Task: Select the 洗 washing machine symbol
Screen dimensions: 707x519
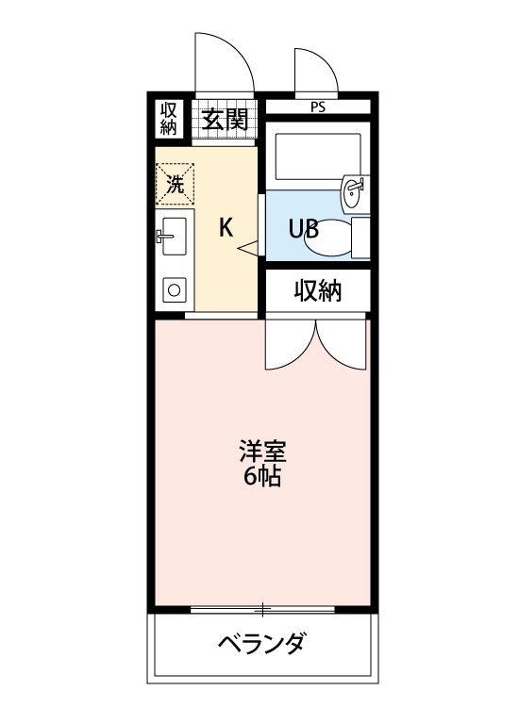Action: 175,184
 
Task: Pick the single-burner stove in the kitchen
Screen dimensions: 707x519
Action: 174,290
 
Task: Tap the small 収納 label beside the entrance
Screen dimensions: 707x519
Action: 169,118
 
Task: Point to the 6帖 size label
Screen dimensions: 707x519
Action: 261,476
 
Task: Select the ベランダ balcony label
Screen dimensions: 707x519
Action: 261,645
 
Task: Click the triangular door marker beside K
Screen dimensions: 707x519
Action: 249,248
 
